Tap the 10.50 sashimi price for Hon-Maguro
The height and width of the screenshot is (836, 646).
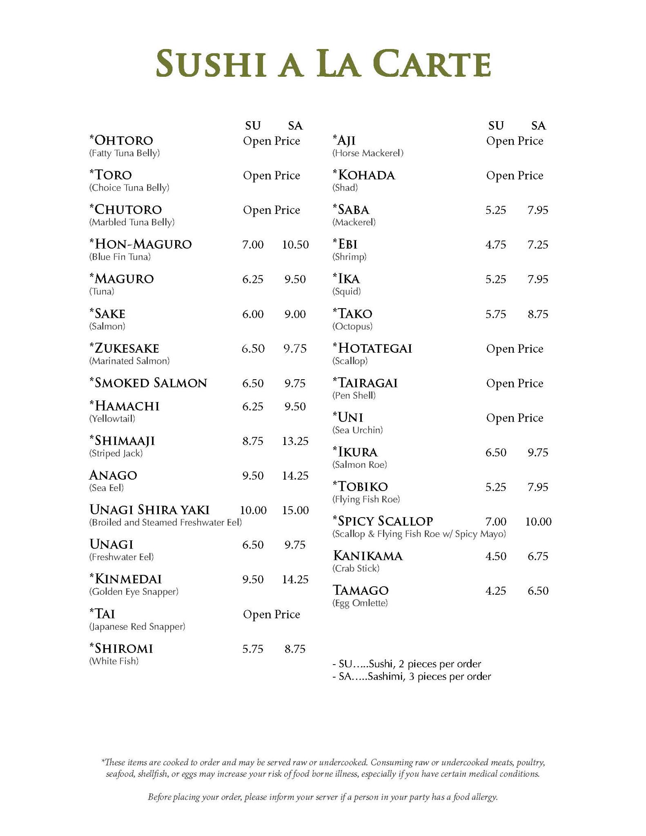pos(295,245)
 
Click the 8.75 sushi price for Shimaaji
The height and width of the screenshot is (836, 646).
pos(253,441)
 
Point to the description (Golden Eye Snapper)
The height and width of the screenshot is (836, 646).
pos(134,591)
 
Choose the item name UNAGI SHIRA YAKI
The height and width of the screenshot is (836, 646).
pos(149,510)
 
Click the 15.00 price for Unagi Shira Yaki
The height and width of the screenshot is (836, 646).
pos(295,510)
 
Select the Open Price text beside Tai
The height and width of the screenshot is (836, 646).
pos(272,614)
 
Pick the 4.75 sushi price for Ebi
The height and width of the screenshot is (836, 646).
pos(496,245)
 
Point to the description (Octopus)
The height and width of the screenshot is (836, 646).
pos(352,326)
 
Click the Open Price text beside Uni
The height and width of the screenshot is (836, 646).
pos(515,418)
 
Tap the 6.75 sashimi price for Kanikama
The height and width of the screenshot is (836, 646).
pos(538,556)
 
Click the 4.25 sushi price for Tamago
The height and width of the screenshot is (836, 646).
pos(496,591)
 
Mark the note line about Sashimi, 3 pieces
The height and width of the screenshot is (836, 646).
pos(412,676)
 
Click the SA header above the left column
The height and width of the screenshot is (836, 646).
pos(295,125)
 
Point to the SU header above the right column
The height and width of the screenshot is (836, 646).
pos(496,125)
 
